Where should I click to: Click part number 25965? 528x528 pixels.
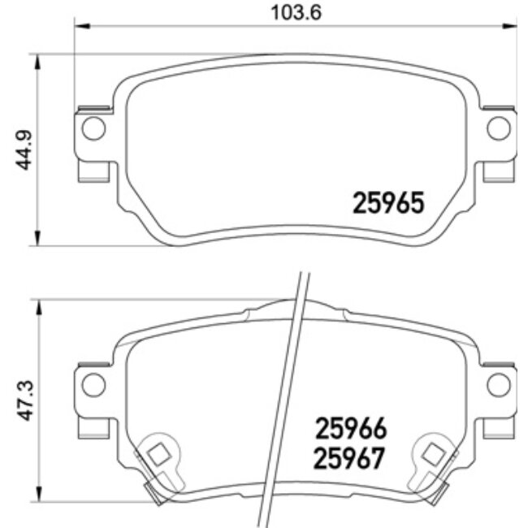[x=389, y=202]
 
